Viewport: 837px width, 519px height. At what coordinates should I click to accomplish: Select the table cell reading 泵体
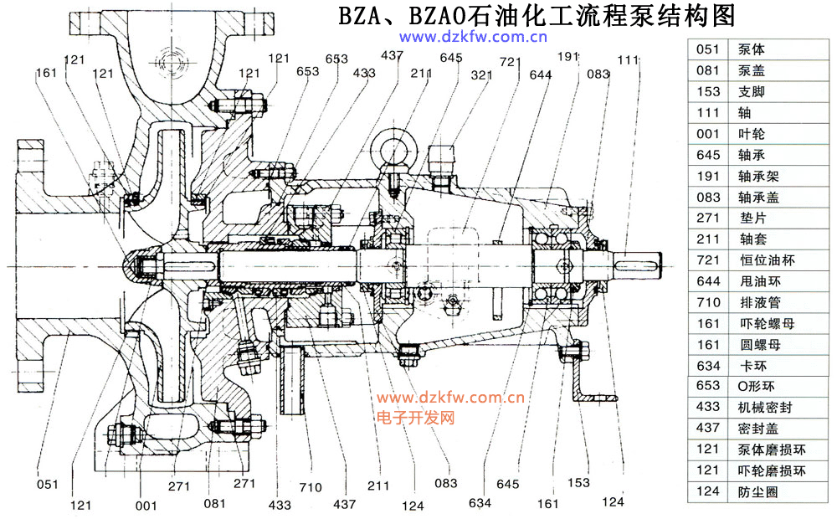click(752, 49)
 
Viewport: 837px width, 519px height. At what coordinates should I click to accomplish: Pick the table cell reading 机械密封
click(763, 408)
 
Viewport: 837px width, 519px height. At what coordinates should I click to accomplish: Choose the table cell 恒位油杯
click(763, 260)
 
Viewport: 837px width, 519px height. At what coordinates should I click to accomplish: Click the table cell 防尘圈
click(757, 492)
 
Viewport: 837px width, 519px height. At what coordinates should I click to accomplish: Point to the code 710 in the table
click(708, 302)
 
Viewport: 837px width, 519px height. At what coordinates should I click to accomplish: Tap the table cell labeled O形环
click(757, 387)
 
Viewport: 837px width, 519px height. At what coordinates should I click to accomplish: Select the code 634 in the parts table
click(708, 366)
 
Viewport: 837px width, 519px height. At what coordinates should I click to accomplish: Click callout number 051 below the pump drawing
click(48, 482)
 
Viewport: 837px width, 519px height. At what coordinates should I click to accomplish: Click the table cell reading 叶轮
click(752, 134)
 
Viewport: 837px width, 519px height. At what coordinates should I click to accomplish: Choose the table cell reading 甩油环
click(757, 281)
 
